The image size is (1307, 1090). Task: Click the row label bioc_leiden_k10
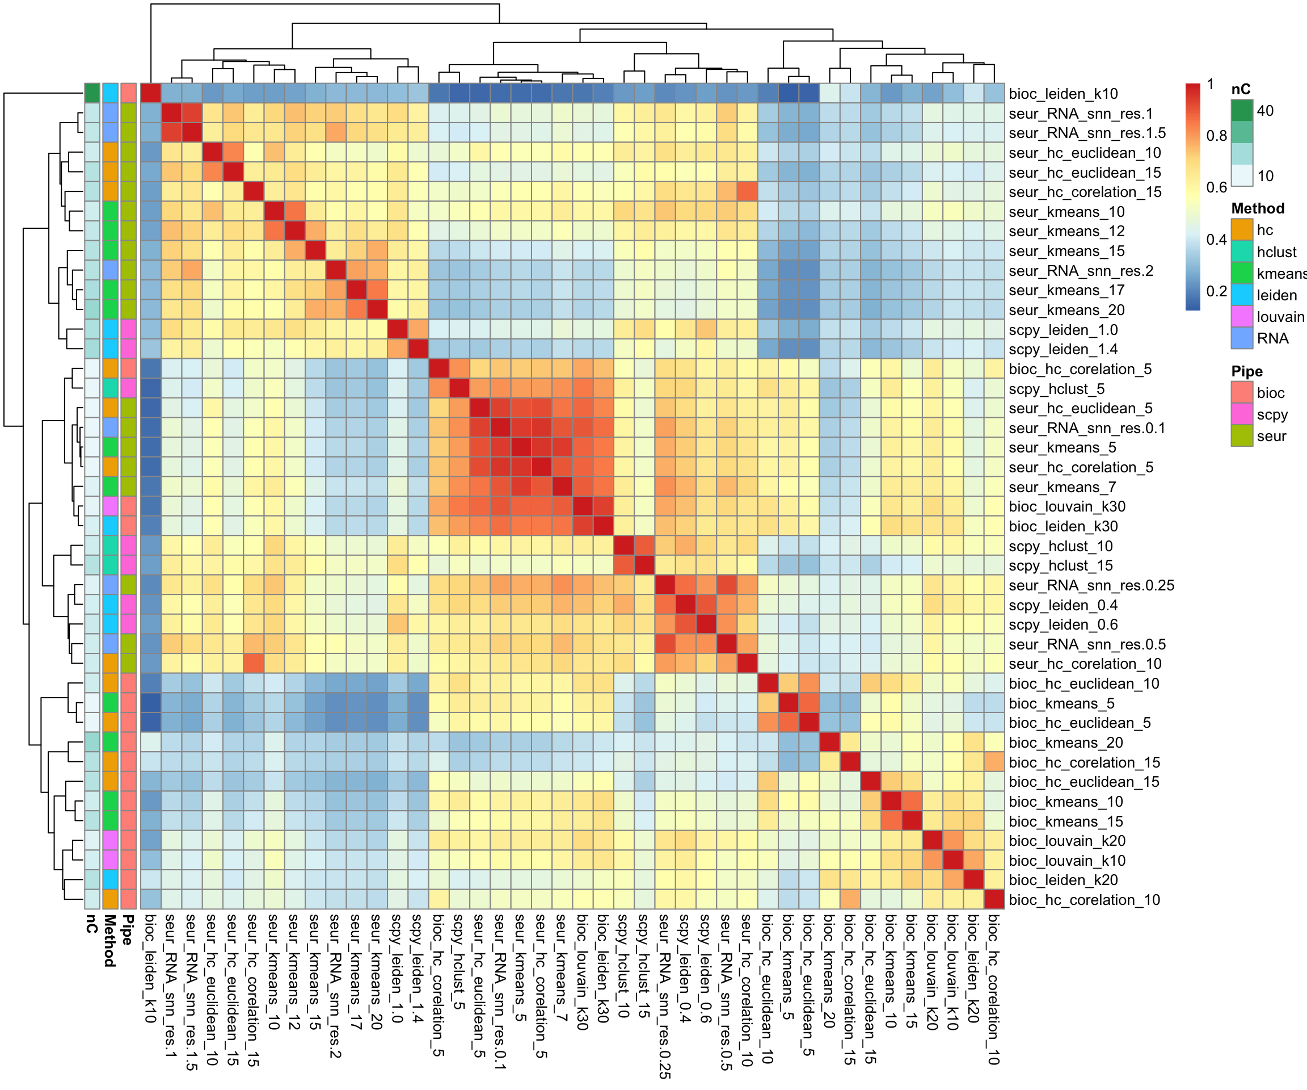[x=1063, y=94]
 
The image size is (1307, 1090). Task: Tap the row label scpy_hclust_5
[x=1057, y=389]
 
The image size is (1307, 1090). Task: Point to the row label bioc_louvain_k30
[x=1067, y=506]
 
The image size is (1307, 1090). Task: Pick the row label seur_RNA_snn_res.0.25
[x=1091, y=585]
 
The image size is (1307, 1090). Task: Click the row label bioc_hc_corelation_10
[x=1084, y=899]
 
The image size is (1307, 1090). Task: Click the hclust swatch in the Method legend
[x=1242, y=251]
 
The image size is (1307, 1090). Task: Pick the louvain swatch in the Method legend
[x=1242, y=316]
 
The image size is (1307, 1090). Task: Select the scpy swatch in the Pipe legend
[x=1242, y=414]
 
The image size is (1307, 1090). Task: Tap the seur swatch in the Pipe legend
[x=1242, y=436]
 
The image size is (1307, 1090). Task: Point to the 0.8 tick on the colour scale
[x=1217, y=136]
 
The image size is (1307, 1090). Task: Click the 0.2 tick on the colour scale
[x=1217, y=291]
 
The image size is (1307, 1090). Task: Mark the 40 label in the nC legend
[x=1265, y=111]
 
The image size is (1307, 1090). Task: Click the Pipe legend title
[x=1247, y=371]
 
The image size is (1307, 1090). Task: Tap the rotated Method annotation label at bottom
[x=109, y=941]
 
